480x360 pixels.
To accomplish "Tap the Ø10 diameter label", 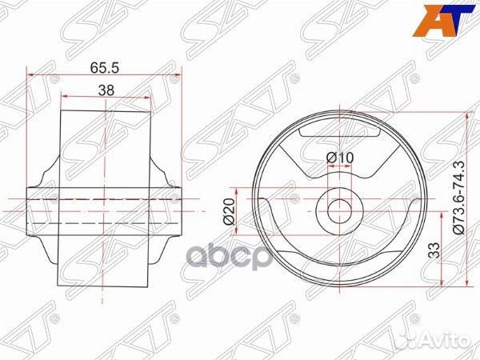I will point(340,158).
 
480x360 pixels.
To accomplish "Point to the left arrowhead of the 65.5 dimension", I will point(30,75).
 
